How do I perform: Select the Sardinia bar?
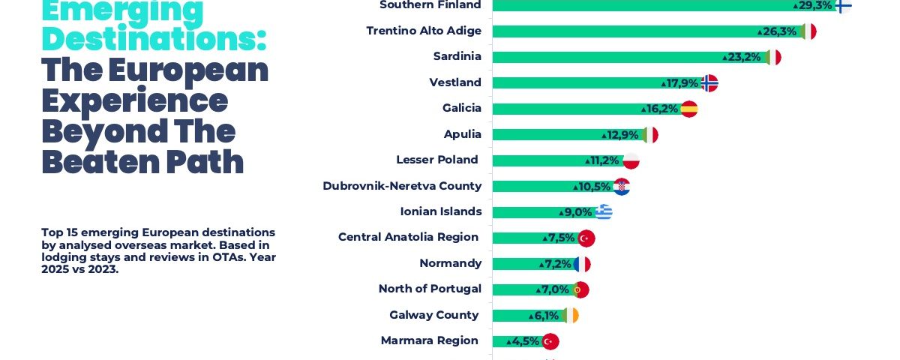click(x=607, y=57)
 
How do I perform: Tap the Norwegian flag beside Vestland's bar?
click(x=709, y=83)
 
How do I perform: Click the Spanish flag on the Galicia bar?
click(x=689, y=109)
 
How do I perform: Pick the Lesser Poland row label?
click(x=437, y=160)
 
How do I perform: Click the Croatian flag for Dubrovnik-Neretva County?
click(x=621, y=187)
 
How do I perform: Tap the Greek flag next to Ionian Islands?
click(x=604, y=212)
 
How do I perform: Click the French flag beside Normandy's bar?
click(x=582, y=264)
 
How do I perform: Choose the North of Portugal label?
click(x=430, y=289)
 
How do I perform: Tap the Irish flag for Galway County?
click(x=571, y=316)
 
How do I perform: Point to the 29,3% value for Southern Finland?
click(x=815, y=5)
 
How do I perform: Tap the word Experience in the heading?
click(x=135, y=100)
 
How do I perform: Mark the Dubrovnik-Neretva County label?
click(x=402, y=186)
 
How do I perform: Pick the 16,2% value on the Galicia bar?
click(x=662, y=109)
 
